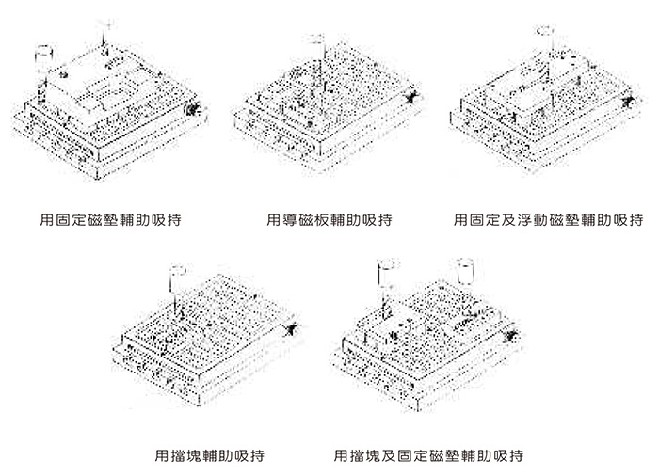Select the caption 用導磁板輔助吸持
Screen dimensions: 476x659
pyautogui.click(x=329, y=221)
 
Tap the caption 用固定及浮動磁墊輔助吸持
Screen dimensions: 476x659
pyautogui.click(x=548, y=221)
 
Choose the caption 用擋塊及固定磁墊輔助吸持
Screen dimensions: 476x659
pyautogui.click(x=428, y=455)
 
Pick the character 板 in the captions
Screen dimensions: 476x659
pyautogui.click(x=321, y=221)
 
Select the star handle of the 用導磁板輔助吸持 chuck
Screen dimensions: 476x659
pyautogui.click(x=410, y=97)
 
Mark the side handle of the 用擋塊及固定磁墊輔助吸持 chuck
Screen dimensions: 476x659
pyautogui.click(x=513, y=331)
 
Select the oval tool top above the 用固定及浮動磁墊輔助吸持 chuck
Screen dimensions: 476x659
pyautogui.click(x=545, y=31)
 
